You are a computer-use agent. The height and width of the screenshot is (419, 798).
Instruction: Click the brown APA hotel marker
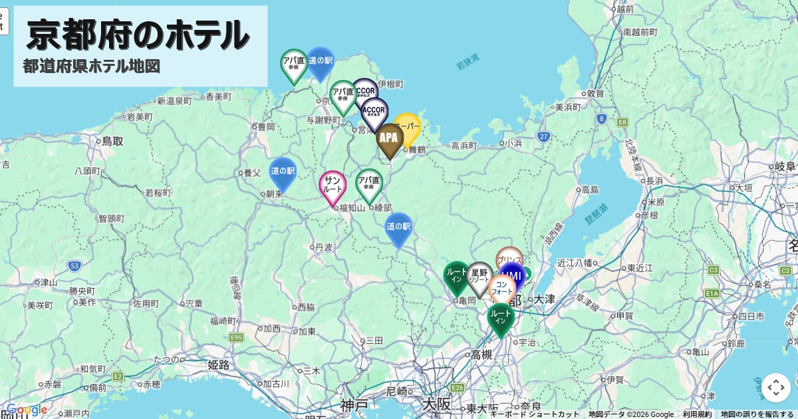click(389, 139)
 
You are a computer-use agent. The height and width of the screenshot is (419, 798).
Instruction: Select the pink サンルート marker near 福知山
click(332, 186)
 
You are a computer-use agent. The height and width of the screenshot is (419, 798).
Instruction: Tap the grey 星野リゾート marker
click(479, 277)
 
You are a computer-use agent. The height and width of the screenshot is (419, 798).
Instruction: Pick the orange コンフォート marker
click(501, 288)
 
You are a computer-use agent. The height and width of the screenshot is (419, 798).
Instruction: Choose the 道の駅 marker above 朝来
click(283, 172)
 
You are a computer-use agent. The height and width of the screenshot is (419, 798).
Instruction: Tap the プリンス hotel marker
click(509, 259)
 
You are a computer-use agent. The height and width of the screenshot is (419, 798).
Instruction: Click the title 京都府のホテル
click(138, 35)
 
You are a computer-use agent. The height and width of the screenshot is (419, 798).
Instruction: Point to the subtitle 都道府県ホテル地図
click(92, 67)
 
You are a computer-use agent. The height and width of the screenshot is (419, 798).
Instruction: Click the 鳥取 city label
click(113, 141)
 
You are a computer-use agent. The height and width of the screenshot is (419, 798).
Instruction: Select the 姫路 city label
click(219, 364)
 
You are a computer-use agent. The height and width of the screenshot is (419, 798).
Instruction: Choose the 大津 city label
click(544, 299)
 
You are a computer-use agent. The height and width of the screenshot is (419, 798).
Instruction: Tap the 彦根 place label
click(650, 215)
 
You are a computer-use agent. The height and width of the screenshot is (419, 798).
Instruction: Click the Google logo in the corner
click(27, 410)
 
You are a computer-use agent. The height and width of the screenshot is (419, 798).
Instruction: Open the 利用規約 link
click(697, 414)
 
